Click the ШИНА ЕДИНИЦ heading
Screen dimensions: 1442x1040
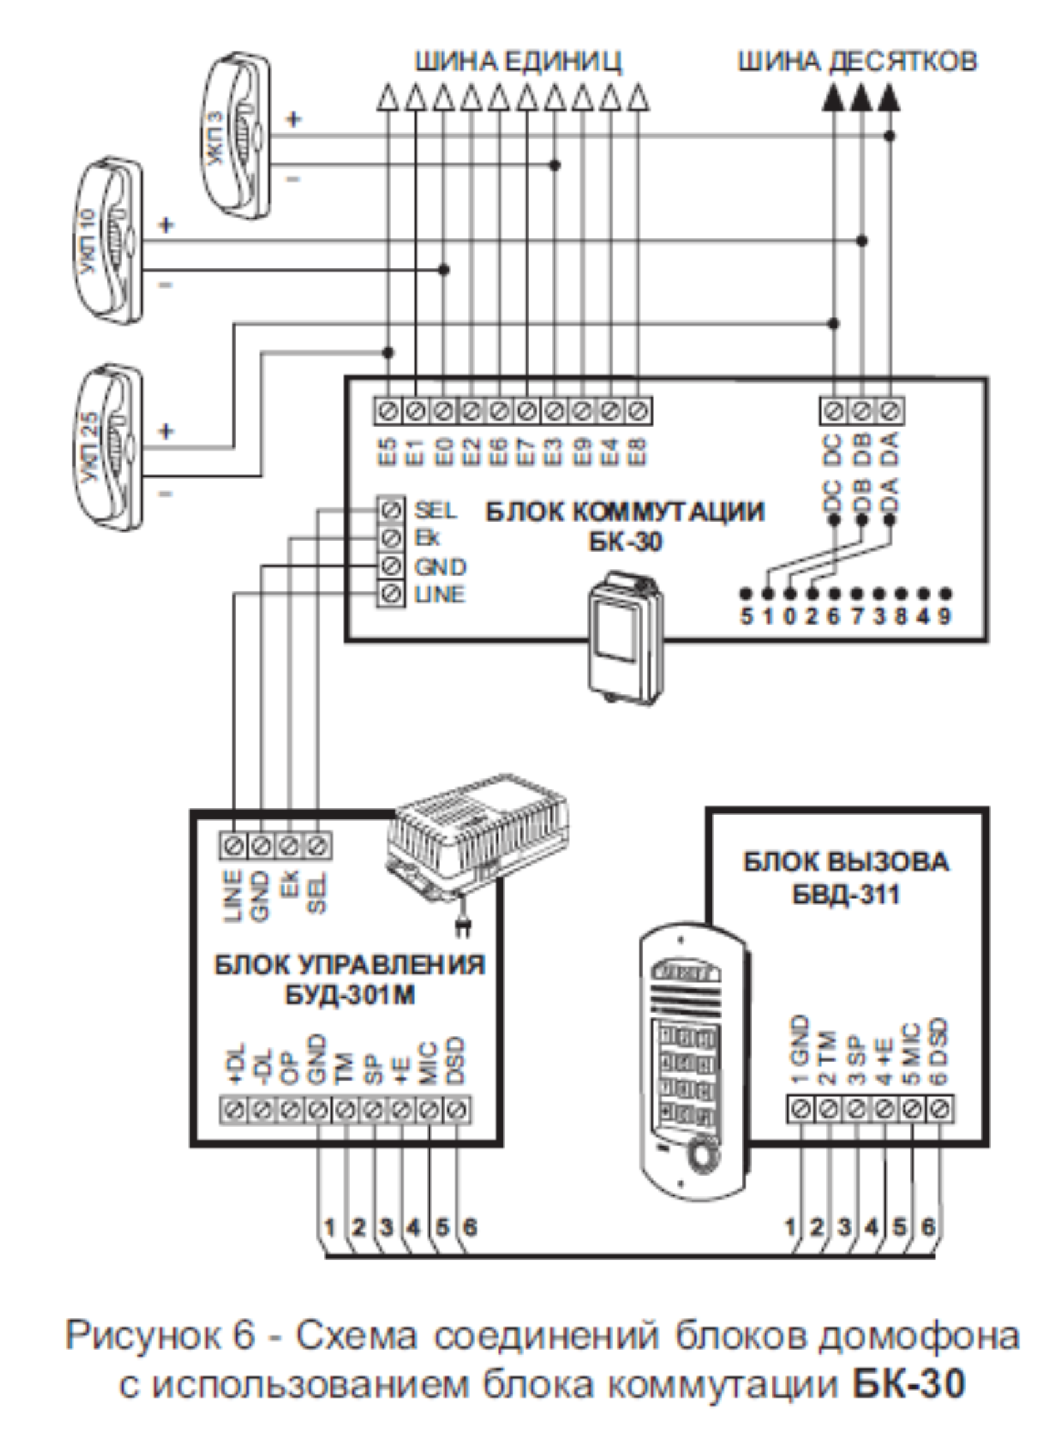pos(518,62)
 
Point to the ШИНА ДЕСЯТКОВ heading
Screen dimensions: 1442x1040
pos(856,62)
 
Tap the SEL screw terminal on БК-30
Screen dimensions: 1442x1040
pos(391,509)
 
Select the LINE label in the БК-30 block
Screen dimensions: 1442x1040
pos(440,594)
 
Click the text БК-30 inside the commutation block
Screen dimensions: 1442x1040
pos(625,542)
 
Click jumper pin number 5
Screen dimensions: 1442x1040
pos(746,615)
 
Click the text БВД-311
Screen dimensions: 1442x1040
pos(846,894)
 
